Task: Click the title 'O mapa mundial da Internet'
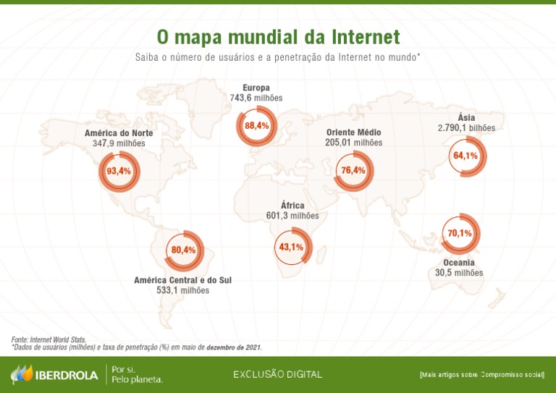(x=278, y=37)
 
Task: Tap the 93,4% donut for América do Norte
(x=118, y=172)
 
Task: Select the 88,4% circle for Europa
(x=256, y=126)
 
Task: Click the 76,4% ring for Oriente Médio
(x=353, y=171)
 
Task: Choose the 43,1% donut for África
(x=291, y=248)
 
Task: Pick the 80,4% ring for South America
(x=184, y=250)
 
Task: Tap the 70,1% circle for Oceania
(x=460, y=233)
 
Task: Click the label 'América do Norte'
(x=119, y=133)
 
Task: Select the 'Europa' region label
(x=256, y=88)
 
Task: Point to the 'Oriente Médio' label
(x=353, y=132)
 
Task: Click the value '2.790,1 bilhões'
(x=466, y=127)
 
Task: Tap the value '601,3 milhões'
(x=292, y=216)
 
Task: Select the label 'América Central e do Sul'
(x=183, y=280)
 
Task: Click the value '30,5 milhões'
(x=459, y=273)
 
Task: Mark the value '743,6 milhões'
(x=256, y=98)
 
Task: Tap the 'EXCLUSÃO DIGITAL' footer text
(x=277, y=374)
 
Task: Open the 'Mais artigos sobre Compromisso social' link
(x=481, y=375)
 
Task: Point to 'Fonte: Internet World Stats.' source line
(x=49, y=339)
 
